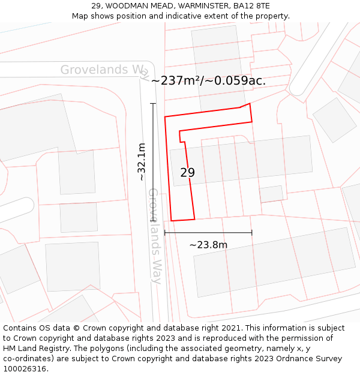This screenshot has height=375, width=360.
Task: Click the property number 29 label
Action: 187,173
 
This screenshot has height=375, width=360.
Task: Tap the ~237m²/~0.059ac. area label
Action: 208,80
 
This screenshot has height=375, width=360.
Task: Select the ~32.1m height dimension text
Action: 142,162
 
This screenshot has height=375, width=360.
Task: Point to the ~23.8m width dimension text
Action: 208,245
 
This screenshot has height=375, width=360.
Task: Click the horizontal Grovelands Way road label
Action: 105,70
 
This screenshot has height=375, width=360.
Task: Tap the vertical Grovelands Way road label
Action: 154,236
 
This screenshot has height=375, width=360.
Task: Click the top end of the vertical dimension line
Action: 153,104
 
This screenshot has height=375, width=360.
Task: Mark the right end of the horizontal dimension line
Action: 252,233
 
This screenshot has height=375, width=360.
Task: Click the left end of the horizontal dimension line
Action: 164,233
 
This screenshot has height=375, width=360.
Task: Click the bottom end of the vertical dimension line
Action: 153,221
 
